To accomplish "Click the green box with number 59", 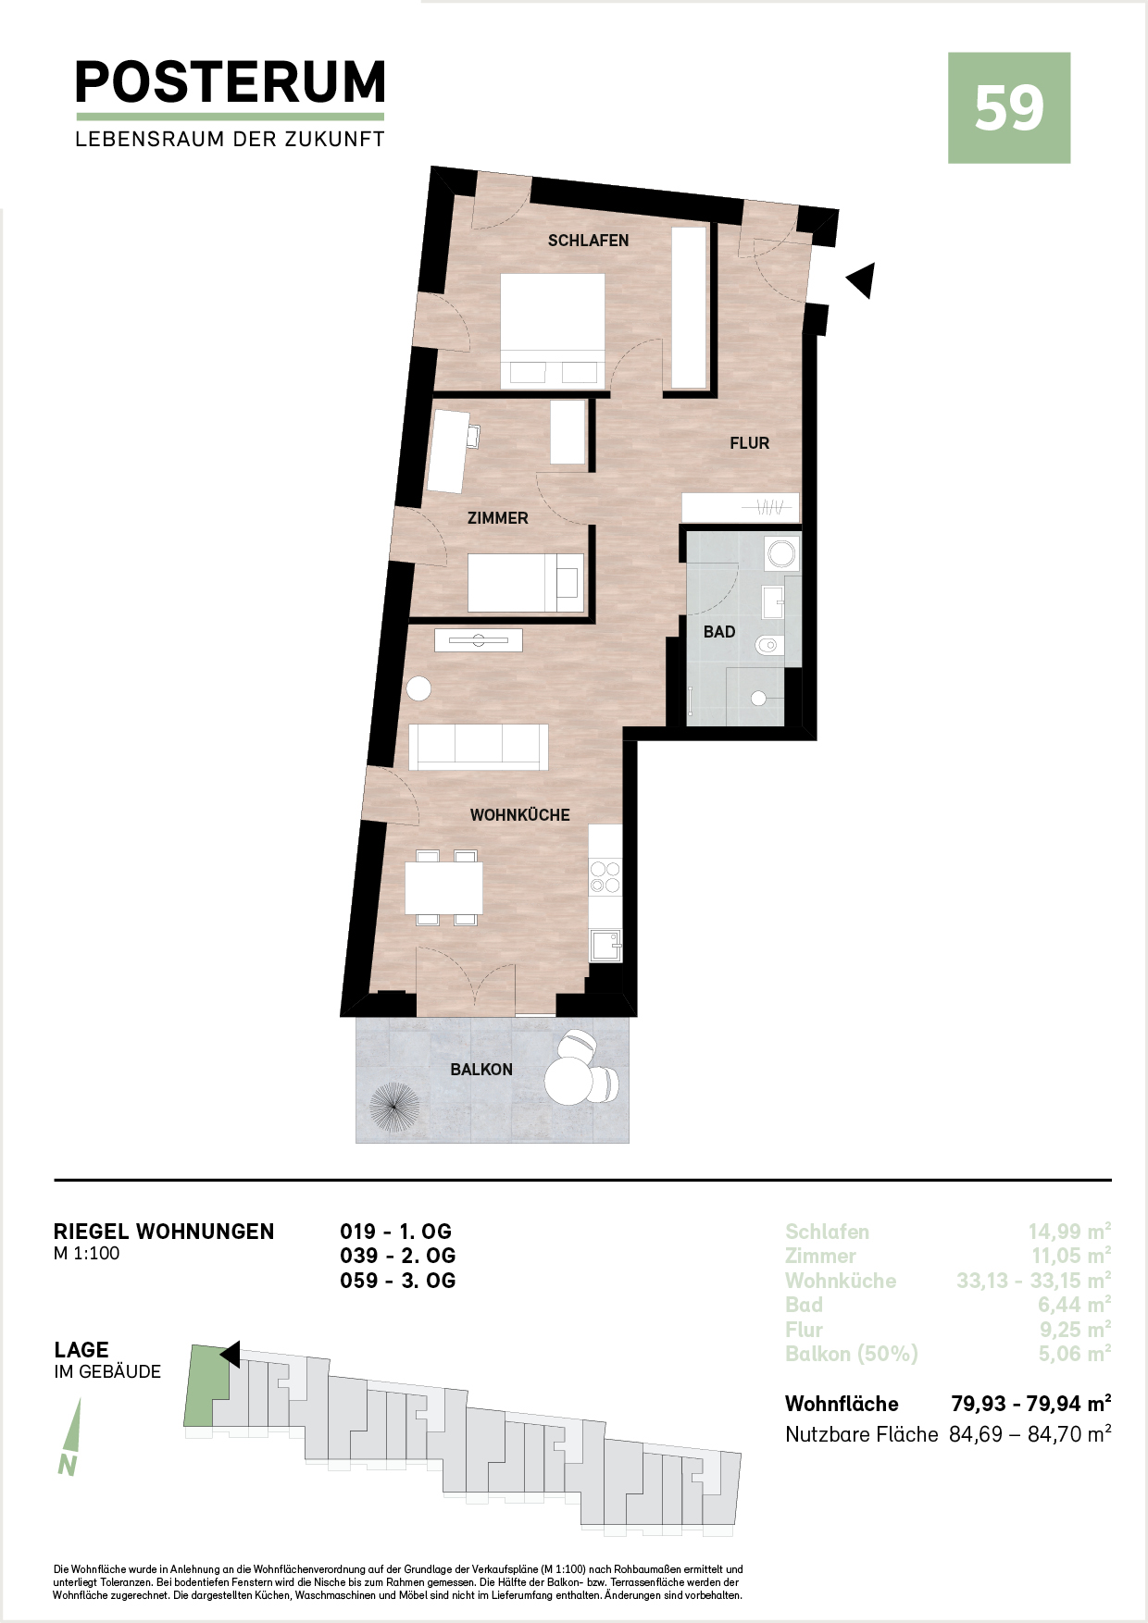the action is tap(1009, 107).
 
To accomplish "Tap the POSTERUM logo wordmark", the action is tap(230, 82).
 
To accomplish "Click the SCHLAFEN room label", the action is tap(588, 241).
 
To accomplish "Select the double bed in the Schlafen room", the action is tap(553, 330).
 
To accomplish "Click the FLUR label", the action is tap(749, 443).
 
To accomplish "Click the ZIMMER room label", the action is tap(498, 518).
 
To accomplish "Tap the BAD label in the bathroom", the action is tap(719, 632).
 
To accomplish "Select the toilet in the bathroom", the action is tap(769, 645).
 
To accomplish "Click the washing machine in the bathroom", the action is tap(782, 554).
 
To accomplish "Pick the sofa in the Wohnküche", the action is tap(479, 748).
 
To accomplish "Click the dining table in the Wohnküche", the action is tap(444, 887).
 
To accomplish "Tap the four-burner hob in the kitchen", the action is tap(605, 877).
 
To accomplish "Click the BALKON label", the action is tap(481, 1070).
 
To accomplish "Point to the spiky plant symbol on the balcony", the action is tap(394, 1108).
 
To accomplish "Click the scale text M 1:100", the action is tap(87, 1254).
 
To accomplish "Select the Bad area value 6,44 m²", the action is tap(1074, 1305).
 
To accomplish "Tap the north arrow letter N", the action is tap(67, 1466).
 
